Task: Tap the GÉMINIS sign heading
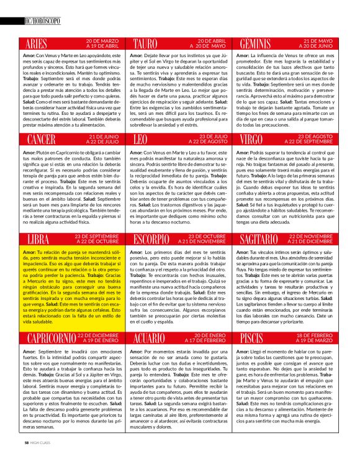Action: click(261, 44)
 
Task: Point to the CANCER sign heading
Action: click(46, 138)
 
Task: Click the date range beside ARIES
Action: click(97, 43)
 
